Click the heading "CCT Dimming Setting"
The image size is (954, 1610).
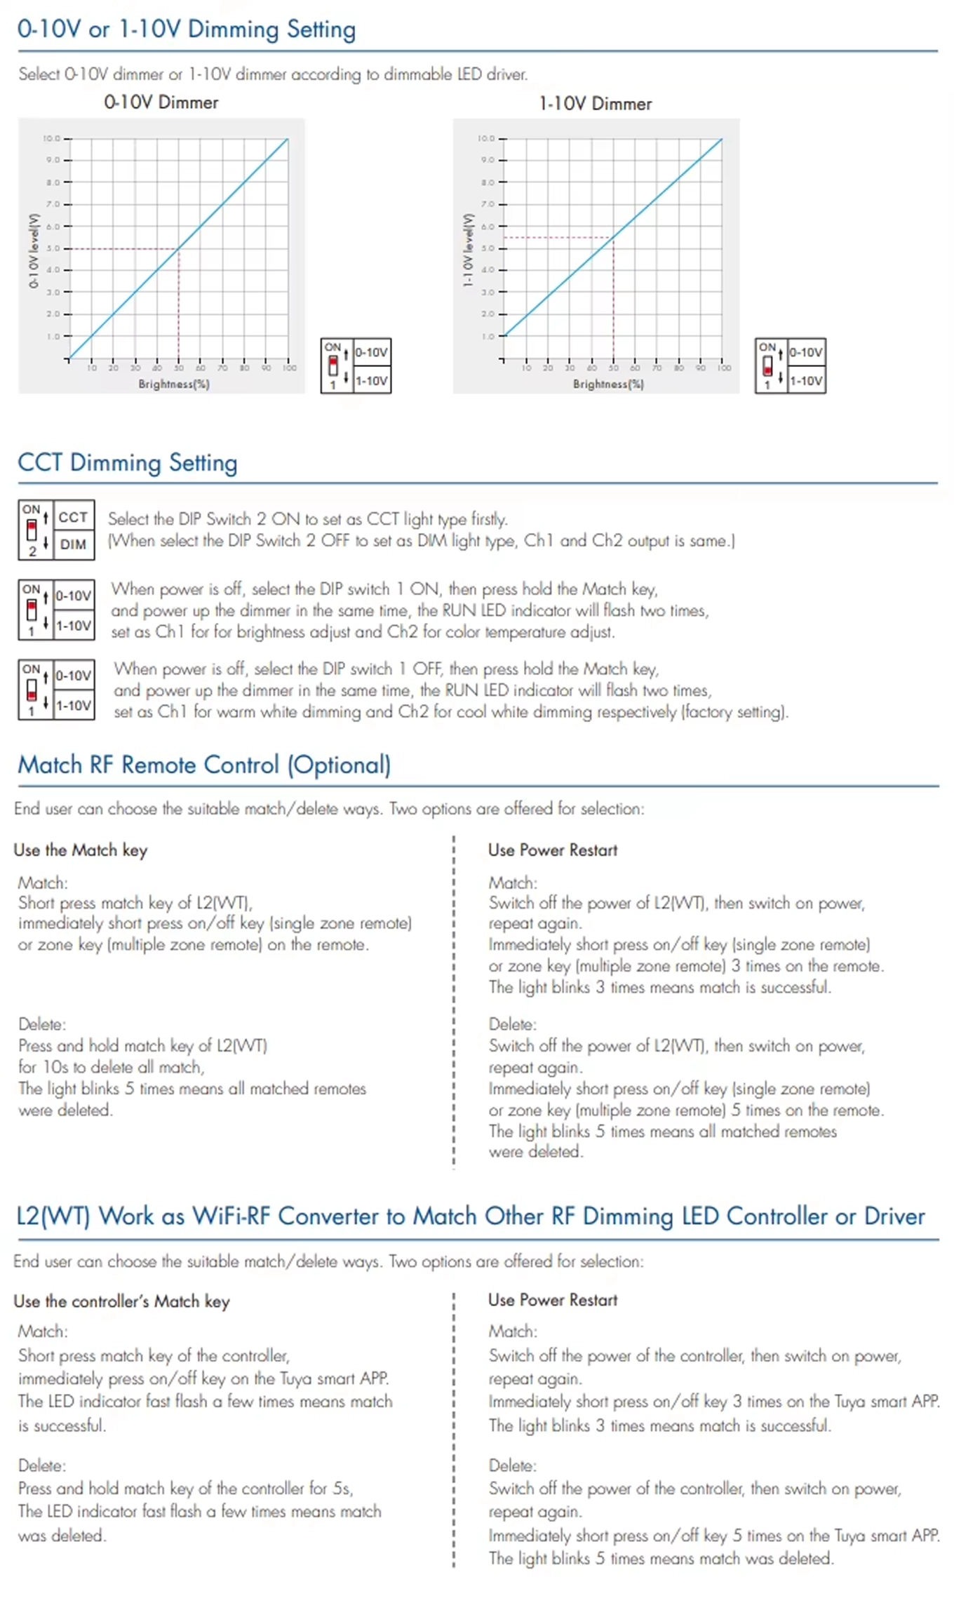(127, 463)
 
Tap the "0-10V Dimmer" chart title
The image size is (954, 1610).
(161, 102)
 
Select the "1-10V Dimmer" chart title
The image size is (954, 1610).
(595, 104)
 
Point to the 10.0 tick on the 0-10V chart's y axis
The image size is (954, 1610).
(51, 138)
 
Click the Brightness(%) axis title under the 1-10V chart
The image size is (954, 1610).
(607, 384)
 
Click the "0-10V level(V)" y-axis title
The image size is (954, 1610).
(33, 250)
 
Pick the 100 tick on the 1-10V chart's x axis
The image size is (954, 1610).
(723, 368)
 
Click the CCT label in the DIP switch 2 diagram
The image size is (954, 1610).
(73, 518)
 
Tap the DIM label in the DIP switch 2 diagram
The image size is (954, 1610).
(73, 544)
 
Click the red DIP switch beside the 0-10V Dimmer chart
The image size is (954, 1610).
(333, 365)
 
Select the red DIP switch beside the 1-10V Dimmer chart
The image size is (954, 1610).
(767, 365)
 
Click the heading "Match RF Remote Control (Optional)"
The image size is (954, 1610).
(204, 765)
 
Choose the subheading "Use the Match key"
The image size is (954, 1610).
(80, 850)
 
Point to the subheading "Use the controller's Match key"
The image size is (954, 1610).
(121, 1301)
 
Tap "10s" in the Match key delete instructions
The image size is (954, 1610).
(55, 1067)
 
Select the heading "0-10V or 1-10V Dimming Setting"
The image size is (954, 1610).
(187, 29)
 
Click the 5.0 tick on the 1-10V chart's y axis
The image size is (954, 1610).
(487, 248)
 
